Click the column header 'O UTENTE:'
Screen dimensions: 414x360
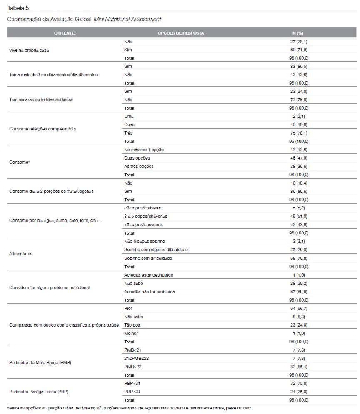(x=65, y=33)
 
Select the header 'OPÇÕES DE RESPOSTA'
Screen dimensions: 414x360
(x=181, y=33)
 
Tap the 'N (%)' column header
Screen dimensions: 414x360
(x=297, y=33)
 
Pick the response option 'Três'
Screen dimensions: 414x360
(x=128, y=133)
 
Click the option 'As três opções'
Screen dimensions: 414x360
(x=139, y=167)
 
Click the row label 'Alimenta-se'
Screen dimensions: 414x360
(x=21, y=254)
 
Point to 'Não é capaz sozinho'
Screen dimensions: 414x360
(x=145, y=242)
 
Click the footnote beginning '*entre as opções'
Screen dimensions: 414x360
(x=130, y=408)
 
